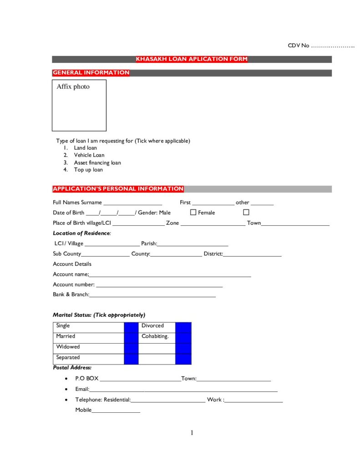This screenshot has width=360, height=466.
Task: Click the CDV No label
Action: coord(299,46)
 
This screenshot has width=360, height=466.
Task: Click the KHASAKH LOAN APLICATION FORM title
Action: coord(192,59)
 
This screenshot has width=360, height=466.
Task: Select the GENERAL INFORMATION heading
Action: coord(91,73)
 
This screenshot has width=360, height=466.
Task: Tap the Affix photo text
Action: coord(73,86)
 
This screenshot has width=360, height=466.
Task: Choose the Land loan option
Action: coord(85,148)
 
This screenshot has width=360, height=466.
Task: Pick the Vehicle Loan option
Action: coord(89,155)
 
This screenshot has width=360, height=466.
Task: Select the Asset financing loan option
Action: coord(97,162)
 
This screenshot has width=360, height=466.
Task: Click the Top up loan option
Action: coord(88,170)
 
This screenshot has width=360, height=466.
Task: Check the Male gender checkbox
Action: coord(193,213)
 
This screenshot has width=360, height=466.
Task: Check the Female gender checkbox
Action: coord(246,213)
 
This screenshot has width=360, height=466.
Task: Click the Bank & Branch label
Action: coord(71,294)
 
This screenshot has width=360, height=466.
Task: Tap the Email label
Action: coord(82,390)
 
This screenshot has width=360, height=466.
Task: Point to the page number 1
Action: coord(192,433)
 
